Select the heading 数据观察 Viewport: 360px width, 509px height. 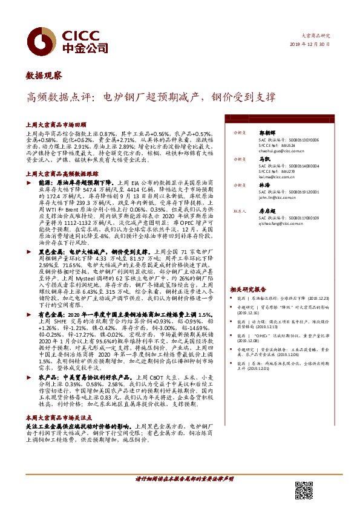tap(44, 76)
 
